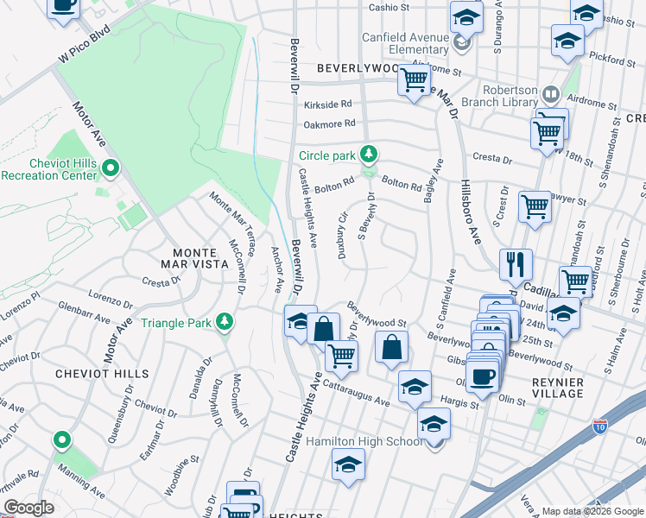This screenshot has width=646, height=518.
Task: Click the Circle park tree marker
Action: [x=370, y=155]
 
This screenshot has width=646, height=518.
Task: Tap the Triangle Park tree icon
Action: [x=225, y=322]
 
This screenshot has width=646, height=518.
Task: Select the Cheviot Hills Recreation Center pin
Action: [x=110, y=167]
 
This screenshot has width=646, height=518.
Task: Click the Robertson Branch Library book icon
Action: [x=551, y=92]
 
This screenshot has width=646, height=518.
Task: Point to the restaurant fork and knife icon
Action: [x=517, y=262]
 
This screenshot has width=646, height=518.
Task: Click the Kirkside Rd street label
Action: [x=328, y=104]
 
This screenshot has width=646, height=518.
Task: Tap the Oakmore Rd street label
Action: [x=329, y=123]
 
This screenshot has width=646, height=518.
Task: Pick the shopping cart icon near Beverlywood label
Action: [x=414, y=80]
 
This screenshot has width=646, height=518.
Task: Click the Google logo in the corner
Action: [x=28, y=508]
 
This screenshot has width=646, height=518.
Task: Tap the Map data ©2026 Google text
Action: [x=592, y=511]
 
